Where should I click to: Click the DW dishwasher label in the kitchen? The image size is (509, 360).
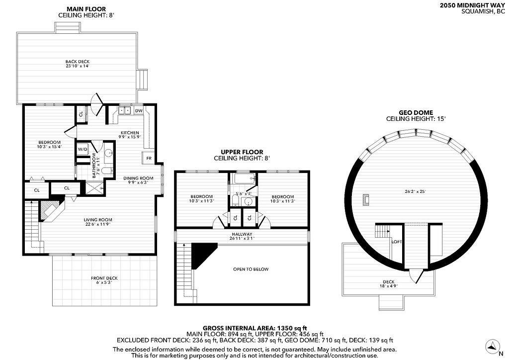(139, 111)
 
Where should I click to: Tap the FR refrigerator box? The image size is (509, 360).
(149, 158)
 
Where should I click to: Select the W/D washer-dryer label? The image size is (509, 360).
(82, 149)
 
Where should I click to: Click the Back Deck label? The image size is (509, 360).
(77, 62)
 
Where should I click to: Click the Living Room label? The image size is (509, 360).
(98, 220)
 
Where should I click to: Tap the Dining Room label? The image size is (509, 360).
(138, 178)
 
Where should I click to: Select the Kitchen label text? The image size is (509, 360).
(130, 133)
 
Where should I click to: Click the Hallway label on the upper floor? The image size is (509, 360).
(242, 234)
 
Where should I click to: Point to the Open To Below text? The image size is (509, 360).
(251, 269)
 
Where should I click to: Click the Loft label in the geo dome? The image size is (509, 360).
(396, 242)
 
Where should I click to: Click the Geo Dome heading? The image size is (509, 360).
(416, 113)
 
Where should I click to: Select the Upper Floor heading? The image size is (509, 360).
(242, 152)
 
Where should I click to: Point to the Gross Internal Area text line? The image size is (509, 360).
(255, 328)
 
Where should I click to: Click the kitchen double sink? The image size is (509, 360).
(124, 111)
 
